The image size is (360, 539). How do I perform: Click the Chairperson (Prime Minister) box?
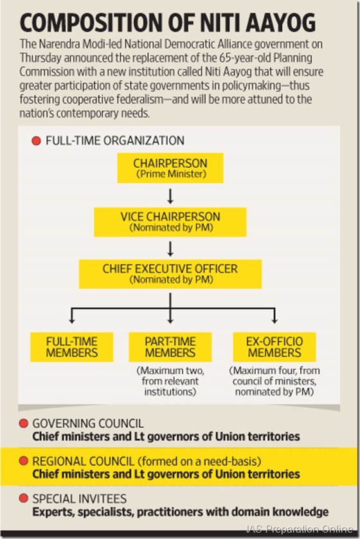(x=170, y=168)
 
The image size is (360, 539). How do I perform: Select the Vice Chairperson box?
(x=170, y=222)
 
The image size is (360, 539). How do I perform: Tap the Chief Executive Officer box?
(x=170, y=274)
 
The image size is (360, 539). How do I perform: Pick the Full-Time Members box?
(x=72, y=347)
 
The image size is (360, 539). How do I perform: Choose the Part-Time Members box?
(x=170, y=347)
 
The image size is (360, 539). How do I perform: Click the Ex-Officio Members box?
(x=274, y=347)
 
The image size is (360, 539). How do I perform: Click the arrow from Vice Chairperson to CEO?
(x=170, y=248)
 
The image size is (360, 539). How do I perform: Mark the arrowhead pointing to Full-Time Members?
(x=72, y=320)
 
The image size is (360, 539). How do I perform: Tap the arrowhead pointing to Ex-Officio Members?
(x=274, y=320)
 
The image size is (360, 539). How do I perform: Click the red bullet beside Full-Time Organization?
(x=36, y=141)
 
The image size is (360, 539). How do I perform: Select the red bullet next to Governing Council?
(x=23, y=423)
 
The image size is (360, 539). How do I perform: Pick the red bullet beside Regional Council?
(x=23, y=461)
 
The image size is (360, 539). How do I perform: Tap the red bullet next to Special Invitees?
(x=23, y=498)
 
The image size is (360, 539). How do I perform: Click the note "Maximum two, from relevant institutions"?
(x=170, y=381)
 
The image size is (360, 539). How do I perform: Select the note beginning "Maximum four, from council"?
(x=274, y=381)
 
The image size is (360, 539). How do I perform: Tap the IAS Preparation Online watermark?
(x=300, y=529)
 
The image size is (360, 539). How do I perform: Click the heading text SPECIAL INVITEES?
(x=79, y=498)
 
